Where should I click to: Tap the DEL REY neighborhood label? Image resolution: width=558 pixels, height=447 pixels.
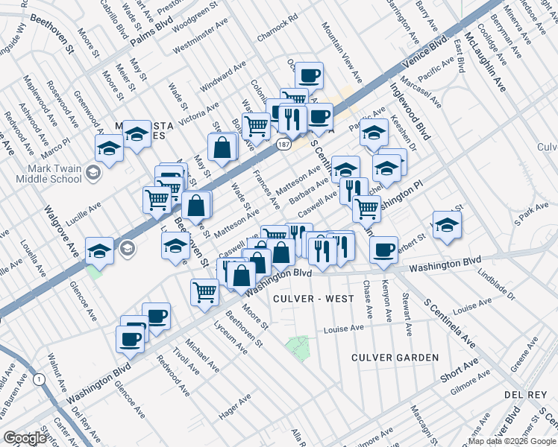527,393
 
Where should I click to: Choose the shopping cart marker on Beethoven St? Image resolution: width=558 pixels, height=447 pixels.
204,291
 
